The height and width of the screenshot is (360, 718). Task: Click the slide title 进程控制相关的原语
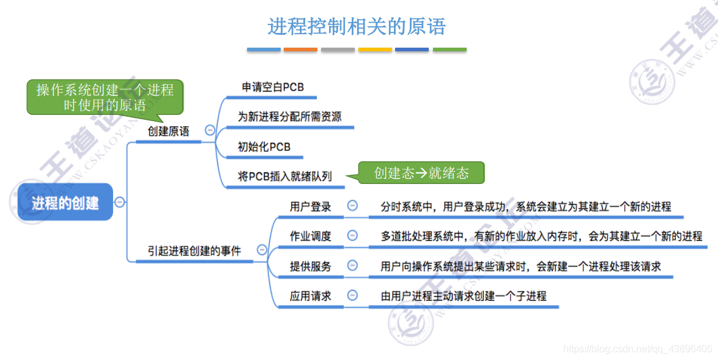point(357,27)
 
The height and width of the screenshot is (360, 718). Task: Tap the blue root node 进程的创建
point(65,202)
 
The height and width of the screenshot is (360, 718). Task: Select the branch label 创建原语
point(168,131)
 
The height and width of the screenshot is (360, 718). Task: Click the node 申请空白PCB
point(273,87)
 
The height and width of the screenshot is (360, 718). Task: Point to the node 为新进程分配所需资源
point(289,117)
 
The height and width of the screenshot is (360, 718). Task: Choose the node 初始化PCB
point(264,147)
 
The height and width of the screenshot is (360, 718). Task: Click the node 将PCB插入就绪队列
point(285,177)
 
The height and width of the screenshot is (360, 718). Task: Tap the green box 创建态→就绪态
point(421,173)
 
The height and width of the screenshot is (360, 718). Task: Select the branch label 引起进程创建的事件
point(194,251)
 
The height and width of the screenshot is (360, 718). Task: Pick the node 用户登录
point(311,207)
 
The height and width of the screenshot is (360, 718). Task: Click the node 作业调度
point(311,236)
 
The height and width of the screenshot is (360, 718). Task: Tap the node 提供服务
point(311,266)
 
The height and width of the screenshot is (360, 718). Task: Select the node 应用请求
point(311,296)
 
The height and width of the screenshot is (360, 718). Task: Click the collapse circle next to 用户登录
point(352,206)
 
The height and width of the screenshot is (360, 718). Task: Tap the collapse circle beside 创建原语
point(210,130)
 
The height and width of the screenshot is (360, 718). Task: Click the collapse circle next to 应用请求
point(352,295)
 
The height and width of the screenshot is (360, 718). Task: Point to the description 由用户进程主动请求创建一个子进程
point(463,296)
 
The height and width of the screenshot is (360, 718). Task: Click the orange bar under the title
point(301,50)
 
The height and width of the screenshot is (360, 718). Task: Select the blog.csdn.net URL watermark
point(637,349)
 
